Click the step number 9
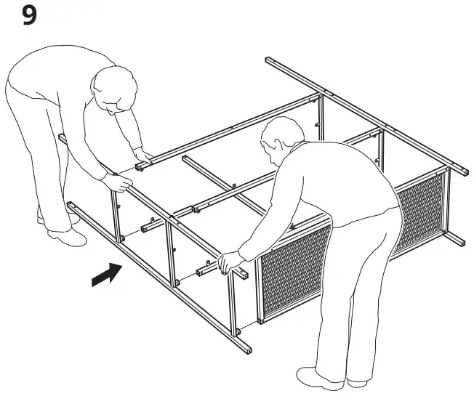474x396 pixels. point(29,15)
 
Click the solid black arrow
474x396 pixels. point(107,275)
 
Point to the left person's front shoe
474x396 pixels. point(65,237)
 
